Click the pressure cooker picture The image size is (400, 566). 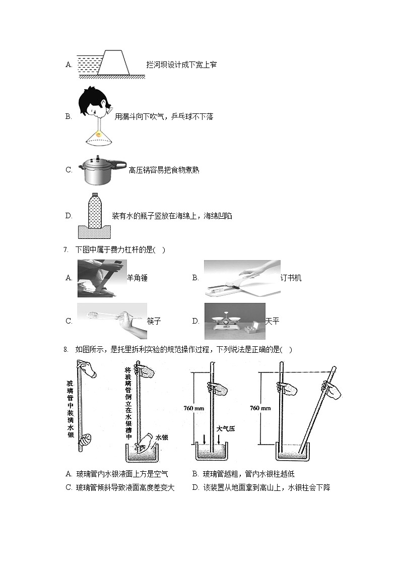(100, 170)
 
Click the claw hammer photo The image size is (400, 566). (101, 278)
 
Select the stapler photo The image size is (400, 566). (241, 278)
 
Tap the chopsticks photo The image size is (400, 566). (111, 321)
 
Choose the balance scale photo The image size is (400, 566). (234, 321)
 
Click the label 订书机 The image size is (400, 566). (291, 278)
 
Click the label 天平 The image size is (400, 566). (272, 321)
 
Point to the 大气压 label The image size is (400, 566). (226, 429)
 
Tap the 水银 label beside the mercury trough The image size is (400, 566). (161, 437)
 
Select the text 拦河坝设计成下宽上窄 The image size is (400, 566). (181, 65)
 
